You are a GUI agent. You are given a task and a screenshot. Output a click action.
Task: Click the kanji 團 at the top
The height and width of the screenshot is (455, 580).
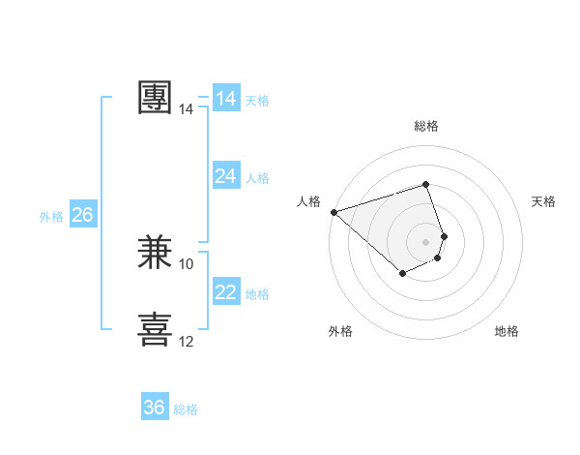click(156, 98)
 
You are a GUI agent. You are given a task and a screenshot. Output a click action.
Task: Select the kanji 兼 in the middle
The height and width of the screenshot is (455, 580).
click(156, 254)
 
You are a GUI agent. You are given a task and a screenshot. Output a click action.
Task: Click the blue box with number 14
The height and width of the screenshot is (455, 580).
click(226, 99)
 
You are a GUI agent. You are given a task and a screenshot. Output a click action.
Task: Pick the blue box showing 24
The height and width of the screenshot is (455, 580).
click(226, 176)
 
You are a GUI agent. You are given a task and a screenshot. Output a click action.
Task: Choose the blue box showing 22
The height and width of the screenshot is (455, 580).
click(226, 292)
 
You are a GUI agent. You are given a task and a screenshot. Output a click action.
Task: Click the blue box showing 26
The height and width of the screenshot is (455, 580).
click(82, 215)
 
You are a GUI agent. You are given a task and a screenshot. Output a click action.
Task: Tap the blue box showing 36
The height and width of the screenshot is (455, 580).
click(155, 408)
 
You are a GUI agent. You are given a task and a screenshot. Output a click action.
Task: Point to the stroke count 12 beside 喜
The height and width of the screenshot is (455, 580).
click(187, 342)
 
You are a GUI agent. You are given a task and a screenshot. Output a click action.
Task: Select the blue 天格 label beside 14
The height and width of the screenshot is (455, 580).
click(257, 101)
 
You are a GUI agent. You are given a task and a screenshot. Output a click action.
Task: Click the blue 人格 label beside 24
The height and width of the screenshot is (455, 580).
click(257, 178)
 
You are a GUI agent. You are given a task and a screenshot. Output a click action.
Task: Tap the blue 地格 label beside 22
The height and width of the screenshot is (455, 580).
click(257, 294)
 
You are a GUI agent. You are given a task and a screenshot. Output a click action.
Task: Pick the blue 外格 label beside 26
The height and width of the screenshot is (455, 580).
click(51, 217)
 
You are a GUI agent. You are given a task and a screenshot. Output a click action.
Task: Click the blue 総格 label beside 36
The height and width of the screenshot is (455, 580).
click(186, 409)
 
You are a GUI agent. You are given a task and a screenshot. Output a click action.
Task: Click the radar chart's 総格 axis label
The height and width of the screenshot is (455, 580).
click(426, 126)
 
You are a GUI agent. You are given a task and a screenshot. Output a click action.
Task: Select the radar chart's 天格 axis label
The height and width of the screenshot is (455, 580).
click(543, 201)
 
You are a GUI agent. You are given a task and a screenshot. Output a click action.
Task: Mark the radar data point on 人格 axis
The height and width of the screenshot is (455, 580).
click(333, 211)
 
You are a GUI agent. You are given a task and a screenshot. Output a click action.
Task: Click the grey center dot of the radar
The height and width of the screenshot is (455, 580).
click(426, 241)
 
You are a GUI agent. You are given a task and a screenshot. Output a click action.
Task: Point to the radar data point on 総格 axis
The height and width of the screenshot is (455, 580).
click(426, 184)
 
